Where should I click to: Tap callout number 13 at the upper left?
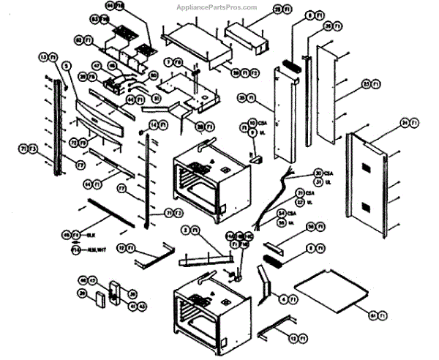tap(44, 56)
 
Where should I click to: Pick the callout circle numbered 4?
tap(282, 299)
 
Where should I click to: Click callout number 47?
tap(95, 66)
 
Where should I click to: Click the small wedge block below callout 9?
tap(257, 157)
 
